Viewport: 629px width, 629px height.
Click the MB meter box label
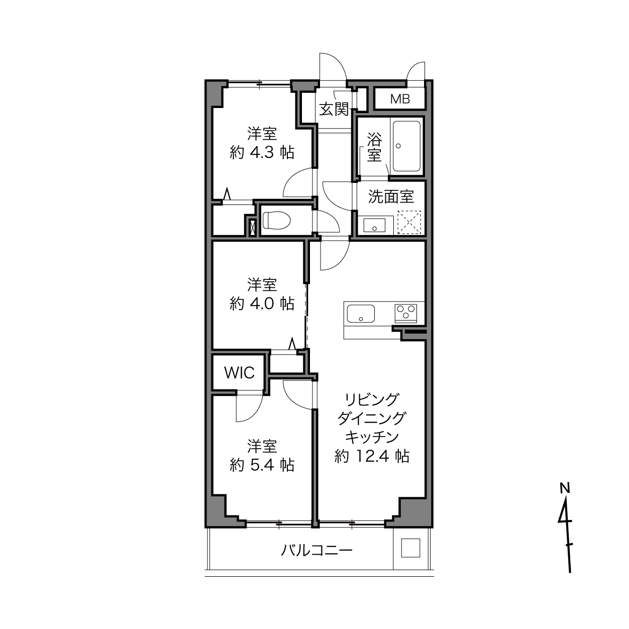coord(400,99)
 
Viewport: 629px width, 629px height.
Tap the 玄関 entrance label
coord(334,109)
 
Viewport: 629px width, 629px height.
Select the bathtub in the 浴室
coord(406,146)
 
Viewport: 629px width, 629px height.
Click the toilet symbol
coord(276,220)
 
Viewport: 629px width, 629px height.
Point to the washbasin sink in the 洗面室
coord(374,225)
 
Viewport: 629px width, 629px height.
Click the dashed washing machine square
coord(409,223)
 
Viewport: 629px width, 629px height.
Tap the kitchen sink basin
coord(361,313)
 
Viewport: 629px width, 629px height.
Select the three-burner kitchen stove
coord(406,313)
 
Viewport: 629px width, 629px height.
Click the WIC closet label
coord(239,372)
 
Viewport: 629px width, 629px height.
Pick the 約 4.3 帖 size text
coord(262,152)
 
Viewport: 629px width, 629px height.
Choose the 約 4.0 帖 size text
coord(262,303)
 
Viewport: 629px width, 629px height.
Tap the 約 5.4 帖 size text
coord(262,465)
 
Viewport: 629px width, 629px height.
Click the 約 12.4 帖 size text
coord(372,456)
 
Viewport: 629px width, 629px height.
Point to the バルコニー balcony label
coord(317,551)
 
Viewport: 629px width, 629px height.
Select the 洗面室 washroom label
coord(391,196)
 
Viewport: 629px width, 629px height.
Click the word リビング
coord(372,399)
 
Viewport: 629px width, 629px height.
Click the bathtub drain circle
coord(398,146)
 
